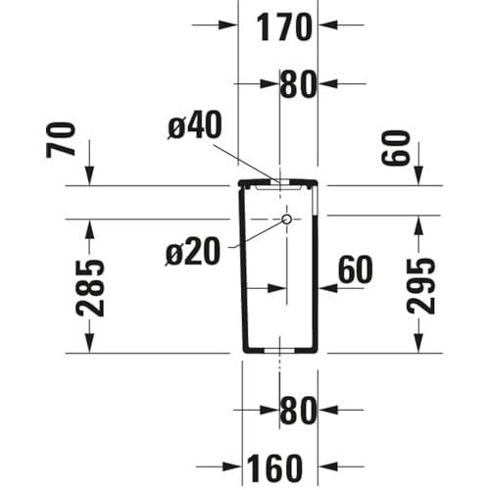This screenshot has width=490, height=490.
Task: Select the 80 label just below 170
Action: click(299, 84)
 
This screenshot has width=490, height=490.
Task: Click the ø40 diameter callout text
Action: click(194, 125)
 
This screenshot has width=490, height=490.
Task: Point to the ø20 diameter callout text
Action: click(192, 253)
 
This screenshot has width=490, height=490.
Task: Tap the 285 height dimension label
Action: click(90, 286)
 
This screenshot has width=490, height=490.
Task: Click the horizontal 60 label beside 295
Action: click(355, 269)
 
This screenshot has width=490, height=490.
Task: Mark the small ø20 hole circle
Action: click(287, 220)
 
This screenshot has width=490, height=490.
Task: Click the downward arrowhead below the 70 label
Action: click(90, 175)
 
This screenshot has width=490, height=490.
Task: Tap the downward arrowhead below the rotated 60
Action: click(418, 175)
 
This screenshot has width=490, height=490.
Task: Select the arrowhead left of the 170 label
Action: click(228, 24)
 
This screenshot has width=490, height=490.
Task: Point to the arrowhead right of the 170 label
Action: click(328, 24)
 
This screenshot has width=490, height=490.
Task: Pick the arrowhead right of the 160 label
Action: click(328, 467)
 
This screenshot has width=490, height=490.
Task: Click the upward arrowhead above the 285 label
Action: click(90, 227)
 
